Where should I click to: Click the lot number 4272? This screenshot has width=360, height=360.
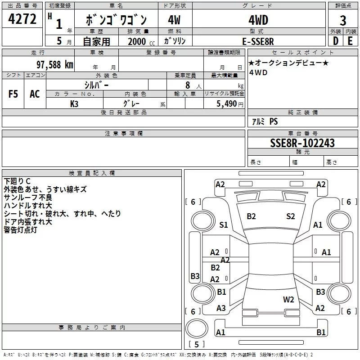tap(22, 19)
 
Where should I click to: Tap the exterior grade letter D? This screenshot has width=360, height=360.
tap(336, 41)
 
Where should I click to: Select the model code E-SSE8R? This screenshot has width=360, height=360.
tap(258, 41)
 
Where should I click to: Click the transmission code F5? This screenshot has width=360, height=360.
tap(13, 94)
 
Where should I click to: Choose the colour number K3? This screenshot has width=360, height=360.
tap(74, 103)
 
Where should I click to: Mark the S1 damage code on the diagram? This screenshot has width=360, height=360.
tap(224, 225)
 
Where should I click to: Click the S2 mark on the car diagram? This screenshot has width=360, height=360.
tap(291, 216)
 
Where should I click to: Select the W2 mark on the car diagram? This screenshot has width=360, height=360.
tap(288, 299)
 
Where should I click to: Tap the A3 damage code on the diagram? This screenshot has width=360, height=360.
tap(221, 308)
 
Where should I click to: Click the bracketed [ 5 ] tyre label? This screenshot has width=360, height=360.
tap(196, 345)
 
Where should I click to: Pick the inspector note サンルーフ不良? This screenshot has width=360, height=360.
tap(27, 198)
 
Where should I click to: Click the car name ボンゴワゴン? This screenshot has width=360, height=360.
tap(116, 20)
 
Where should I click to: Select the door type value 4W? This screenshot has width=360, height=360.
tap(174, 20)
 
